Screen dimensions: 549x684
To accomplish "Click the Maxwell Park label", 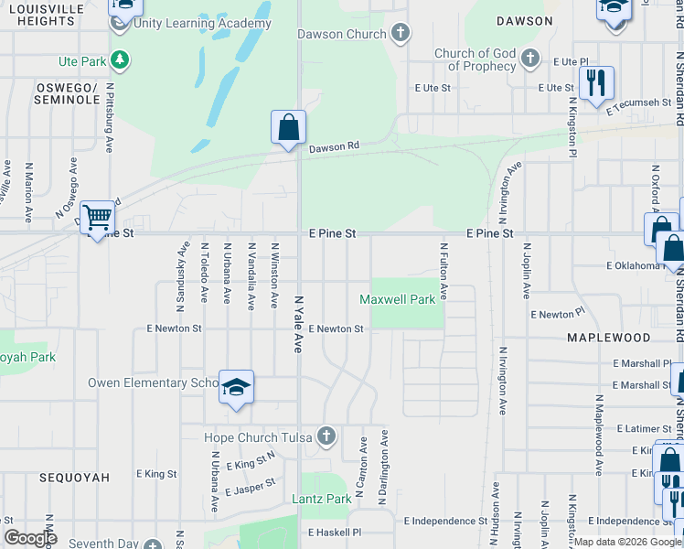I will pos(398,299).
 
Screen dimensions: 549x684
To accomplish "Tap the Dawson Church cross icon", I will pos(400,35).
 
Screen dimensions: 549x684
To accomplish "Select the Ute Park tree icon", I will pos(119,60).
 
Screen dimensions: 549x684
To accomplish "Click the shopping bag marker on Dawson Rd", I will pos(288,128).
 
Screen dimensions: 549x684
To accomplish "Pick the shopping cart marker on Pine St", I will pos(97,218).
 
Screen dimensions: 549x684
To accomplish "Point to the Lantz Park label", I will pos(321,499).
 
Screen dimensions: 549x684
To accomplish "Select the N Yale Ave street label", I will pos(298,324).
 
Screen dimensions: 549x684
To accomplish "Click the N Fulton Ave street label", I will pos(444,271).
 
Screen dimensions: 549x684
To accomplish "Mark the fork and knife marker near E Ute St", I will pos(596,83).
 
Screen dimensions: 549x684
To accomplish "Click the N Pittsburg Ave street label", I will pos(109,118).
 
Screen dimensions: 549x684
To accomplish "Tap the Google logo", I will pos(30,538).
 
